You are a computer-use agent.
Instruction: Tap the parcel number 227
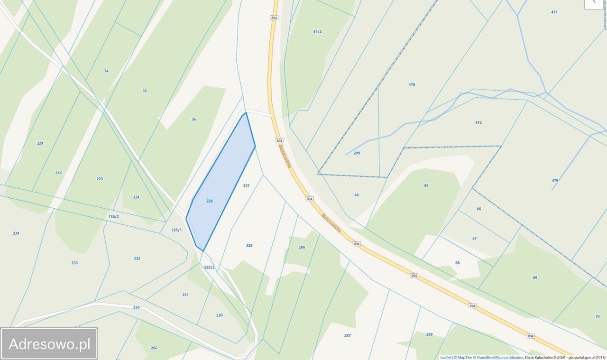coord(246,185)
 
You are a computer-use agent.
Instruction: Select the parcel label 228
coord(249,245)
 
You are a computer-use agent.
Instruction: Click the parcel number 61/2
coord(317,31)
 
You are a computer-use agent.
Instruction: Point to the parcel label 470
coord(412,84)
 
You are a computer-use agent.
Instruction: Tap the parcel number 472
coord(478,122)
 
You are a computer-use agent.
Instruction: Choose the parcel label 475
coord(555,180)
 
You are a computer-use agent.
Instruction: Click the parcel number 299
coord(357,153)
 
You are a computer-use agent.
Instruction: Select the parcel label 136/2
coord(113,216)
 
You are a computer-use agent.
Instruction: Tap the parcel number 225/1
coord(176,230)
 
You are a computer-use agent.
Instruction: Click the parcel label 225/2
coord(209,267)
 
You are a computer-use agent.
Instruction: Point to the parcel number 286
coord(302,247)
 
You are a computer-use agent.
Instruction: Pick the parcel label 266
coord(154,348)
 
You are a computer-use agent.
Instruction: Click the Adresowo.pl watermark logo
coord(49,344)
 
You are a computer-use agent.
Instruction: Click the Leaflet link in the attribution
coord(445,357)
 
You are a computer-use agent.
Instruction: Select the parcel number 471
coord(554,12)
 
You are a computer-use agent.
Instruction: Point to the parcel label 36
coord(193,119)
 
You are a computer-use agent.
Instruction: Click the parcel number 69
coord(535,277)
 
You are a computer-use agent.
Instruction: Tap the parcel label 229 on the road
coord(137,308)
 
